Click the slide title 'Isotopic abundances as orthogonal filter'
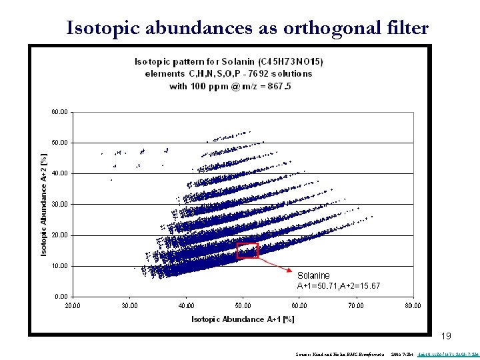point(247,27)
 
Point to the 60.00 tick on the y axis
point(59,112)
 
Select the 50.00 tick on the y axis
point(59,143)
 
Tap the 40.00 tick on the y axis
point(59,173)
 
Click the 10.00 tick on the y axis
point(59,266)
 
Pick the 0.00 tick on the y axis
point(61,297)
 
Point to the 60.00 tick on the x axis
point(299,305)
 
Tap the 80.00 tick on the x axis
point(413,305)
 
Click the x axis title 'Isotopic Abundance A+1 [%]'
point(243,319)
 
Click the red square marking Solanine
point(247,250)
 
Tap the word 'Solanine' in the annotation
point(313,275)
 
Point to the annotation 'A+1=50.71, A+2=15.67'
point(339,286)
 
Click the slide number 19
point(447,336)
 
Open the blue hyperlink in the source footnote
point(446,353)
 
